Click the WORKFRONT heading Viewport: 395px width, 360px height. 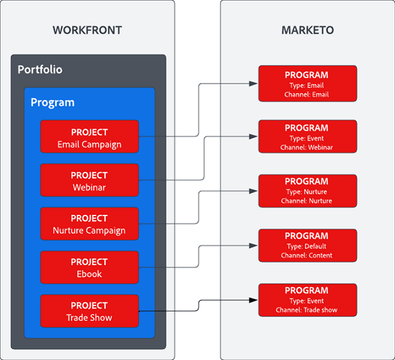tap(87, 30)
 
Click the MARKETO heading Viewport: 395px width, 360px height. tap(307, 30)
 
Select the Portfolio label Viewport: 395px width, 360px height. tap(39, 69)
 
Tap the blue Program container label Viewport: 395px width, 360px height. tap(52, 102)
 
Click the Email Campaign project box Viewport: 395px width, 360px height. tap(89, 137)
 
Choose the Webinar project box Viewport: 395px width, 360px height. tap(89, 180)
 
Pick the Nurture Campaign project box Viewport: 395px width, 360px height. tap(89, 223)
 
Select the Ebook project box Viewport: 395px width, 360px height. tap(89, 267)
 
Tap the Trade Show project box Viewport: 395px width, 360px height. tap(89, 311)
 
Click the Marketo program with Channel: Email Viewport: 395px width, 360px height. tap(307, 84)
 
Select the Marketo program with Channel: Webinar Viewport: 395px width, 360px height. tap(307, 137)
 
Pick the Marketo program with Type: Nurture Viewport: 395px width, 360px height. tap(307, 191)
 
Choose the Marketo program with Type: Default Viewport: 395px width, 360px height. tap(307, 245)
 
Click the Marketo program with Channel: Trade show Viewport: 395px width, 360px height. tap(307, 300)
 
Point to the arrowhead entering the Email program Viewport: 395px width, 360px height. tap(253, 83)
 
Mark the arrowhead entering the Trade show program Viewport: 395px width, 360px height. tap(253, 300)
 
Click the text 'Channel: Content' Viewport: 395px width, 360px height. tap(307, 256)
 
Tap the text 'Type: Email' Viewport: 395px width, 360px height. tap(307, 86)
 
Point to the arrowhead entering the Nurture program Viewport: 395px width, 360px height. tap(253, 191)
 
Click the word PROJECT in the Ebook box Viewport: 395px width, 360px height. tap(89, 262)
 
